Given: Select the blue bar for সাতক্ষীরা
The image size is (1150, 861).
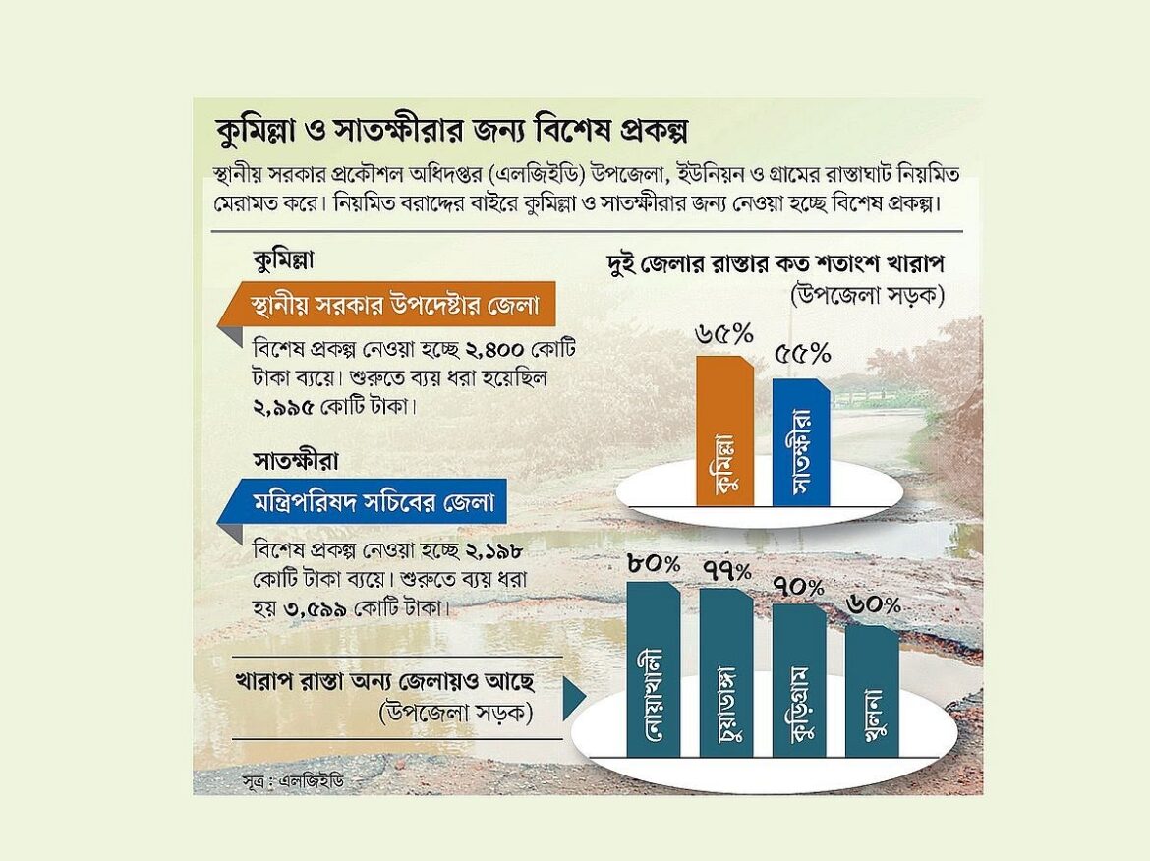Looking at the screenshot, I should click(x=800, y=442).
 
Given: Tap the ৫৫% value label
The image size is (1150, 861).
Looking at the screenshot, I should click(x=802, y=353).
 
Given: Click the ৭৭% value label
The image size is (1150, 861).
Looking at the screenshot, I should click(x=726, y=570).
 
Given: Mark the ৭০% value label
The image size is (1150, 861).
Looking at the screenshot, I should click(x=799, y=587).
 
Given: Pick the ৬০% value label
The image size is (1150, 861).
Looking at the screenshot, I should click(x=873, y=606).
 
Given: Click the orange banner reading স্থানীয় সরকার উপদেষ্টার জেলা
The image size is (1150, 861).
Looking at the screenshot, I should click(x=387, y=305).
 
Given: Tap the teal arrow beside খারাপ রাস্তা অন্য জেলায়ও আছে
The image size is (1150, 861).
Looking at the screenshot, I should click(x=573, y=697).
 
